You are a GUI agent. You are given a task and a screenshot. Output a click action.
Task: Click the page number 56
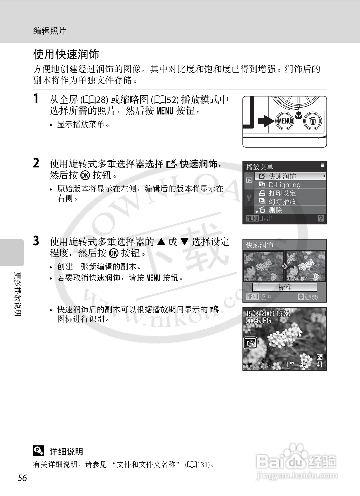click(x=22, y=478)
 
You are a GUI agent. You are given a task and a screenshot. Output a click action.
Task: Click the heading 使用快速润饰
click(x=66, y=55)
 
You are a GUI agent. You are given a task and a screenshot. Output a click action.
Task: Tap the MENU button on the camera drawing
click(x=284, y=121)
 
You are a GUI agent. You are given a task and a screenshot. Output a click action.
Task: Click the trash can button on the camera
click(x=313, y=121)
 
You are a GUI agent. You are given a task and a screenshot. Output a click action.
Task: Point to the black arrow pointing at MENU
click(x=266, y=121)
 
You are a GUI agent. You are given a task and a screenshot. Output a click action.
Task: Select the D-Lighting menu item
click(x=284, y=185)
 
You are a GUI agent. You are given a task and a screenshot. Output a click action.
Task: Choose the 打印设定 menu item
click(x=282, y=193)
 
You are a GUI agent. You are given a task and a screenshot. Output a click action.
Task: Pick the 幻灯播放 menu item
click(x=282, y=202)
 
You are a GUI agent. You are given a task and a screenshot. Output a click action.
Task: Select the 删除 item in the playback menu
click(x=275, y=210)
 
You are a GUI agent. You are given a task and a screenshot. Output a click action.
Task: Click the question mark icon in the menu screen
click(x=321, y=218)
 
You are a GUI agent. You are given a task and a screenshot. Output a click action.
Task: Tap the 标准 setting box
click(x=285, y=287)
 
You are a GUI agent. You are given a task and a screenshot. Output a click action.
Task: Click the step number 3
click(x=36, y=241)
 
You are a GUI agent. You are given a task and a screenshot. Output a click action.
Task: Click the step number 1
click(x=36, y=99)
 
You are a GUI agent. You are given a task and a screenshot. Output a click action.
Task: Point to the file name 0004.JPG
click(x=258, y=321)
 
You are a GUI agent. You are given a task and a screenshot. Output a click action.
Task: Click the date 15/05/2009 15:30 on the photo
click(x=268, y=314)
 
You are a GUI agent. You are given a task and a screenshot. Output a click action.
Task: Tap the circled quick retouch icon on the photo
click(x=250, y=343)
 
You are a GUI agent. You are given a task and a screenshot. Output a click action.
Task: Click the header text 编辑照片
click(x=49, y=31)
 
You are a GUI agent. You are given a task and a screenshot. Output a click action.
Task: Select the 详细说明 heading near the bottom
click(x=66, y=451)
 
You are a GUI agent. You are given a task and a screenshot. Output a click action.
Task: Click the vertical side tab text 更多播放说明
click(x=18, y=294)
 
